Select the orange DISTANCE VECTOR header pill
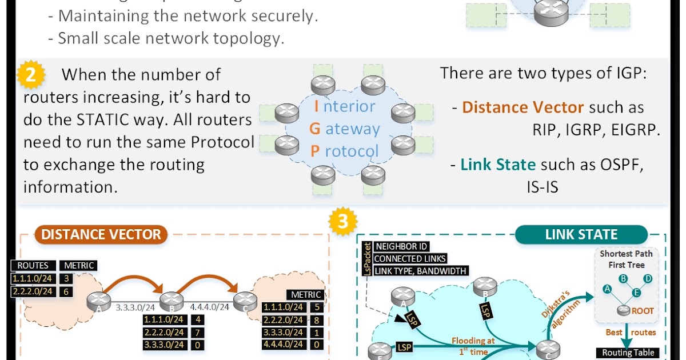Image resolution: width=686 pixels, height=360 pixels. [101, 234]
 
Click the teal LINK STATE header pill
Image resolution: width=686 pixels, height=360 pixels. [581, 234]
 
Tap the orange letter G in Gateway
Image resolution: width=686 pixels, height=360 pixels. [314, 129]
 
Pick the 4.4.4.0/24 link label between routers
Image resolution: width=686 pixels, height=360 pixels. [209, 307]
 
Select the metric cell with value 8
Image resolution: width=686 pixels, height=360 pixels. [317, 319]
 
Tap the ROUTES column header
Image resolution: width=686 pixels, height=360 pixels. [33, 265]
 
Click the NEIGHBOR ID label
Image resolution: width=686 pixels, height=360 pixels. [401, 247]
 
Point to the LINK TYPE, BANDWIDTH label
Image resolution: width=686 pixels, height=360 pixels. [420, 270]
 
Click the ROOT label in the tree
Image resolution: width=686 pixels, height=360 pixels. [643, 311]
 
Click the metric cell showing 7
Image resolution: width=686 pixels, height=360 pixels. [197, 332]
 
